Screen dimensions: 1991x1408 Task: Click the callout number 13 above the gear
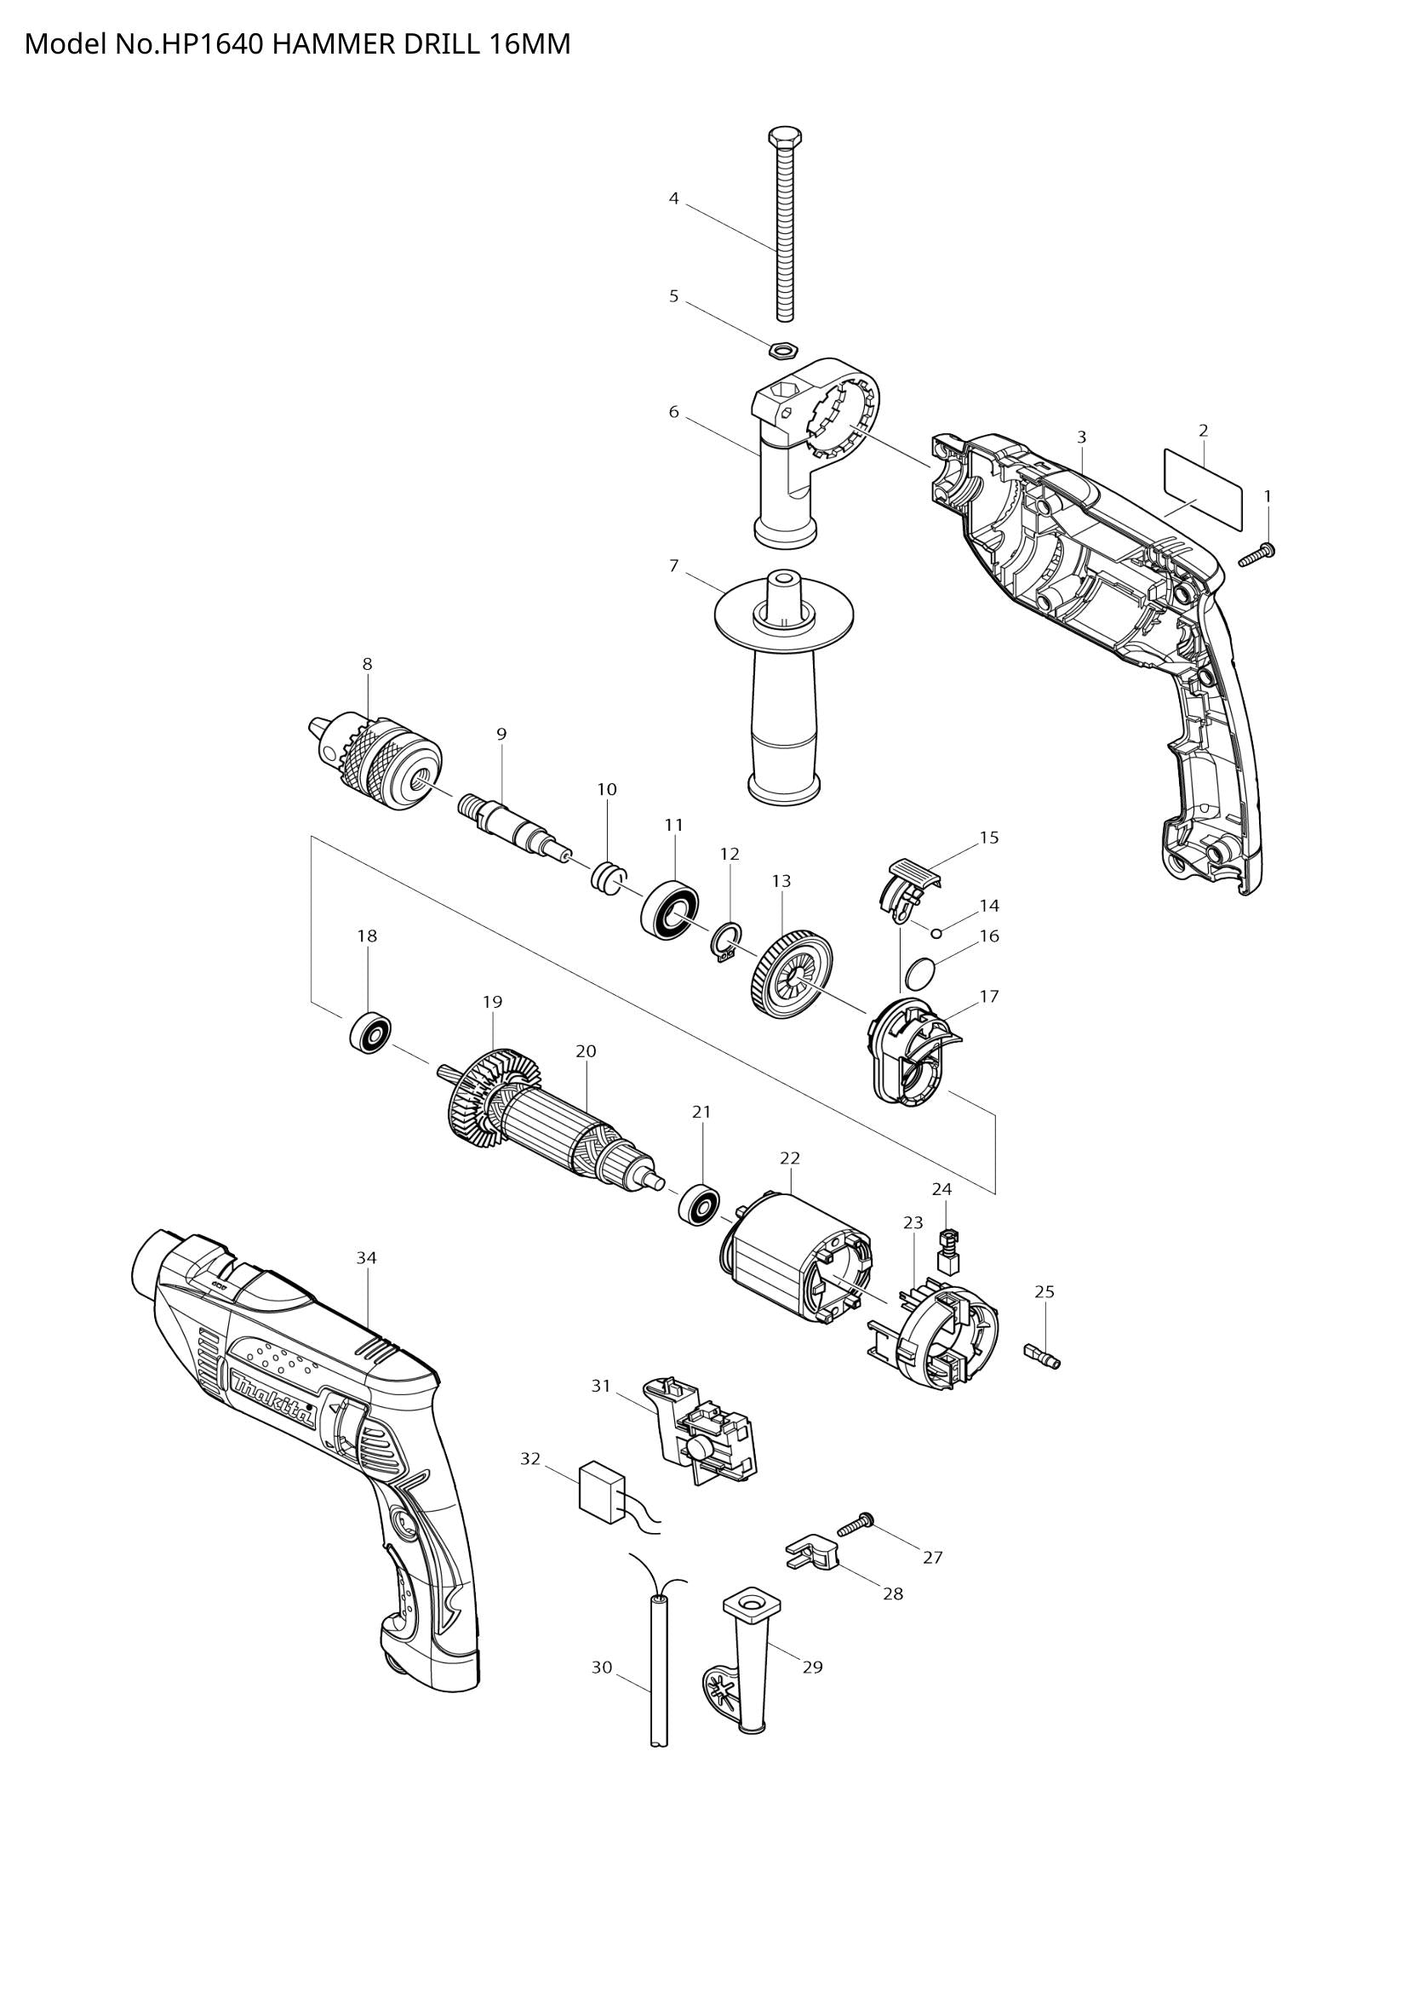(x=781, y=881)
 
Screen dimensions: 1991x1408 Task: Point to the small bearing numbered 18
(x=371, y=1032)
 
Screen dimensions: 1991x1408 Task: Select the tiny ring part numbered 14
(x=937, y=933)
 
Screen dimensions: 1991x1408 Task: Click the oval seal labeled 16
(x=919, y=973)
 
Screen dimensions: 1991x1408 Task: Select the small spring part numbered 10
(x=607, y=879)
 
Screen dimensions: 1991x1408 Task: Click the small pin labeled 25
(x=1041, y=1358)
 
